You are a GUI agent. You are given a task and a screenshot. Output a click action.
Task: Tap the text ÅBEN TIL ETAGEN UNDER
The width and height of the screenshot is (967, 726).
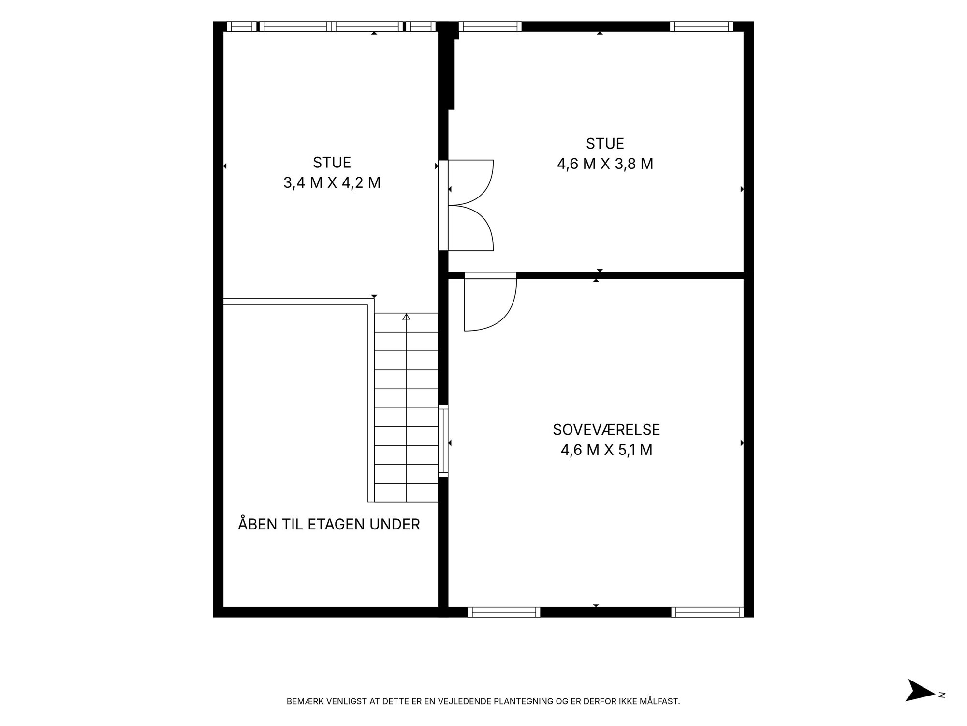click(x=329, y=524)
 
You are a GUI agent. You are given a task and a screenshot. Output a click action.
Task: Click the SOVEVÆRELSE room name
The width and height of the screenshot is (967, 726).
click(x=606, y=430)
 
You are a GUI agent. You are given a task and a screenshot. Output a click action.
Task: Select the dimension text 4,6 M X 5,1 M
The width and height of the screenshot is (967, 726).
click(x=606, y=450)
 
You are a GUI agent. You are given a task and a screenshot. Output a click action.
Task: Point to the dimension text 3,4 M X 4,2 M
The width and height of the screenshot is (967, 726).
click(x=332, y=182)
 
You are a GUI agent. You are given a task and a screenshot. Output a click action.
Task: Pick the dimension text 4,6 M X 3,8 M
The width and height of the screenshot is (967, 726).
click(x=605, y=164)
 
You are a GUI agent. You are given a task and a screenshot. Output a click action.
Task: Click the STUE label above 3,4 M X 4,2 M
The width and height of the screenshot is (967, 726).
click(x=332, y=162)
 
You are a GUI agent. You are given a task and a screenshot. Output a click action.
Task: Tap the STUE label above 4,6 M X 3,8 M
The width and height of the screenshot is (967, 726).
click(x=605, y=144)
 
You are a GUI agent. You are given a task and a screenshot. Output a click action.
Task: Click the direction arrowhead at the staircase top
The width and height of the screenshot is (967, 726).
click(x=406, y=317)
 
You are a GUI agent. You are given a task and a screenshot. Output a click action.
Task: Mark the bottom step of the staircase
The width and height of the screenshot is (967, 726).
click(x=406, y=493)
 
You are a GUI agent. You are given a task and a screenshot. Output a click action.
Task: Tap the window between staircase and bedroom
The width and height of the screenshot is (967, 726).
click(x=443, y=441)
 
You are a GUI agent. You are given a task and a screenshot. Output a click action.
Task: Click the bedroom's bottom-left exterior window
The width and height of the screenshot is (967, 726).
click(x=504, y=612)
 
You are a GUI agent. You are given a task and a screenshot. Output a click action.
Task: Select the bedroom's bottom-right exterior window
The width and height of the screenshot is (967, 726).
click(x=707, y=612)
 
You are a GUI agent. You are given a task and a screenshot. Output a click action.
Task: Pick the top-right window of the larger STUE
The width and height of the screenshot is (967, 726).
click(x=702, y=27)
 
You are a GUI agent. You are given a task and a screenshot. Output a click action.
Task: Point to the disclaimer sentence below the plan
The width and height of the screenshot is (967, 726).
click(x=483, y=701)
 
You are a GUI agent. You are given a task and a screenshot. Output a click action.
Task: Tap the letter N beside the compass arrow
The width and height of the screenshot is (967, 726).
click(x=942, y=695)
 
